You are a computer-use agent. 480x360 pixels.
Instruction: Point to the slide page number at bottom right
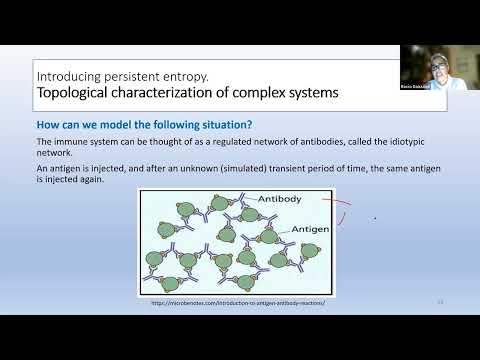pos(440,300)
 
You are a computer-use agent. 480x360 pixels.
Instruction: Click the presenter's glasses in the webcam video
pos(440,65)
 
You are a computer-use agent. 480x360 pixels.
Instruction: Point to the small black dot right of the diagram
pos(375,216)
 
